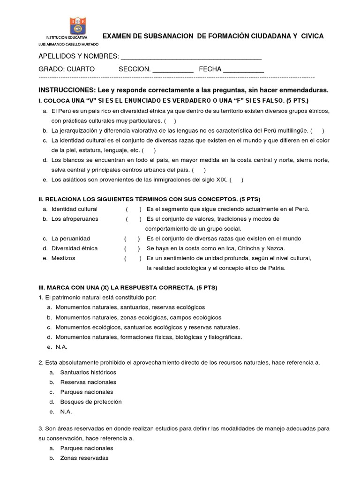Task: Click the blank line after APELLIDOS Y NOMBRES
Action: point(191,59)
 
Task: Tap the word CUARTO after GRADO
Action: point(81,69)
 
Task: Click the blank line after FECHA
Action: point(243,71)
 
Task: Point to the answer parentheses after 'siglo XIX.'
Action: point(236,180)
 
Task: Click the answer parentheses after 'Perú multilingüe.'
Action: point(316,131)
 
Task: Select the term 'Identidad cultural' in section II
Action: point(75,209)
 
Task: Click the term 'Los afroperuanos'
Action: point(75,219)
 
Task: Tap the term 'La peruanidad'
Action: point(71,239)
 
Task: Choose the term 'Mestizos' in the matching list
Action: point(63,258)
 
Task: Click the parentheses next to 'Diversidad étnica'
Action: point(132,248)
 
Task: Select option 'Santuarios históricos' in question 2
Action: point(88,372)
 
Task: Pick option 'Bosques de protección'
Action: point(90,402)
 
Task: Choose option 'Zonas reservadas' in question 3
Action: point(84,458)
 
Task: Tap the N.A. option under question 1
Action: point(61,347)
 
